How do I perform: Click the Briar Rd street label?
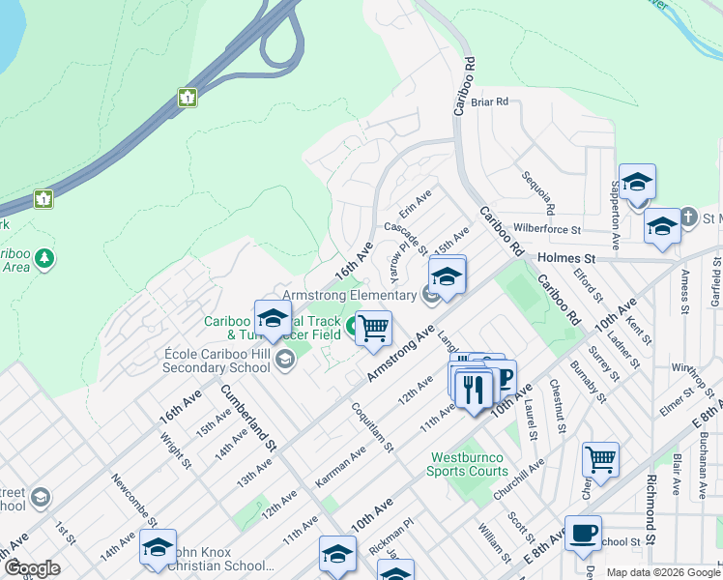click(x=490, y=101)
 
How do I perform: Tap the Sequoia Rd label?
click(x=538, y=192)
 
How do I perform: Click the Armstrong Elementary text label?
click(x=349, y=295)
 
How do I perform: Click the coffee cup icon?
click(x=583, y=533)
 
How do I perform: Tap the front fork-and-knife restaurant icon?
click(x=472, y=390)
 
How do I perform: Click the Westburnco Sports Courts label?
click(x=469, y=464)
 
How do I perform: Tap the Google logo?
click(x=32, y=568)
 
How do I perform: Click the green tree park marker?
click(x=43, y=258)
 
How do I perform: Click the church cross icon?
click(x=688, y=216)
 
